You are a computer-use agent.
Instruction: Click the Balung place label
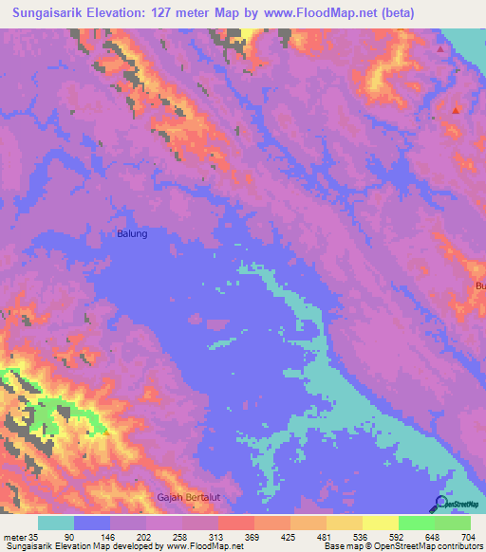(132, 233)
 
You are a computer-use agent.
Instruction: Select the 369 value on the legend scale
(253, 537)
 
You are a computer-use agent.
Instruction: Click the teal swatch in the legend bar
(55, 523)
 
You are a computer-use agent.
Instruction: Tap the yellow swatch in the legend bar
(380, 523)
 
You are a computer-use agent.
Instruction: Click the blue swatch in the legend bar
(91, 523)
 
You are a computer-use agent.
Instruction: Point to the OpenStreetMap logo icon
(440, 502)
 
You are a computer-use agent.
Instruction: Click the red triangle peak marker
(457, 110)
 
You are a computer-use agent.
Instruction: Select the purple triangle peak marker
(439, 46)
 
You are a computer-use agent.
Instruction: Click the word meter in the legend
(16, 537)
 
